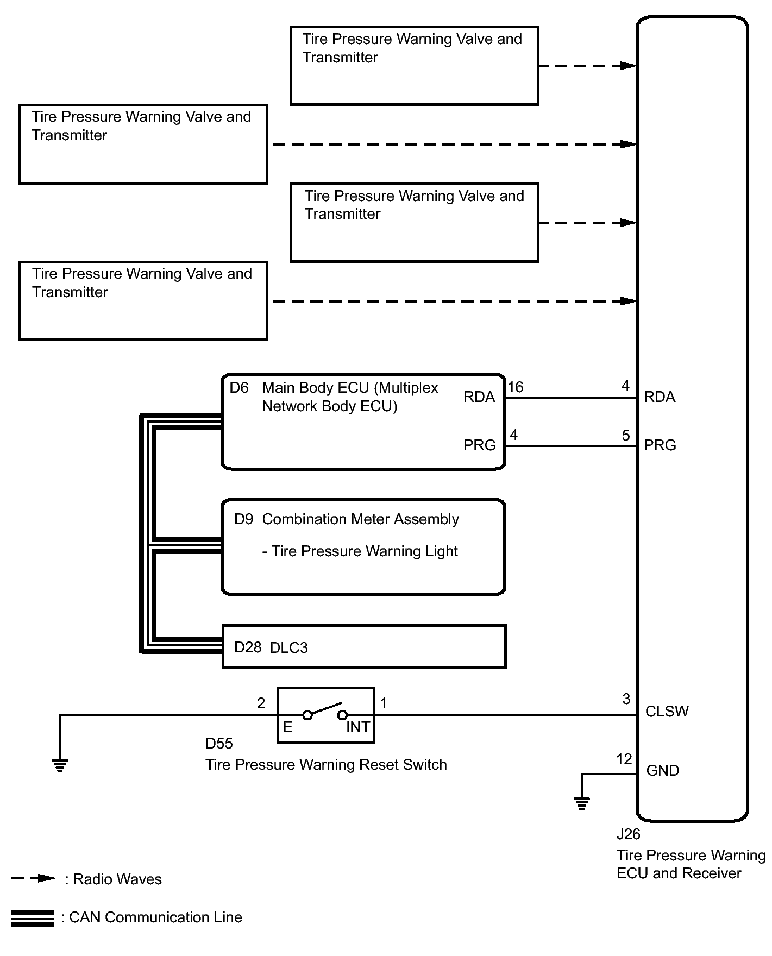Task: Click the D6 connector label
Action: tap(239, 388)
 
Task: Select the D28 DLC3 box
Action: tap(364, 646)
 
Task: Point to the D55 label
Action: tap(219, 743)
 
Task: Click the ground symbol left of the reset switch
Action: tap(60, 765)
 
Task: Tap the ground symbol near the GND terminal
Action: tap(582, 802)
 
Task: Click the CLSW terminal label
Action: tap(667, 712)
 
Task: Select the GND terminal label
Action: tap(663, 771)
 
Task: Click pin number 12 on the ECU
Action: tap(624, 759)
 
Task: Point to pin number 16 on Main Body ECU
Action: tap(516, 387)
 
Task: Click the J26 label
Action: tap(629, 834)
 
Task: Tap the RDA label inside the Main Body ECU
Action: tap(479, 397)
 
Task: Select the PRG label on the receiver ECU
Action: tap(660, 445)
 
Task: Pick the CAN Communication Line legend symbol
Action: tap(33, 919)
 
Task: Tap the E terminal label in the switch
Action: tap(288, 727)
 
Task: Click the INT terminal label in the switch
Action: tap(358, 727)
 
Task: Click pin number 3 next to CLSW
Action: tap(626, 699)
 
